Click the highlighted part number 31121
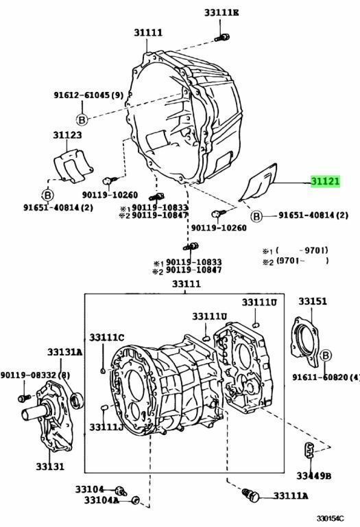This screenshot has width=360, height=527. pyautogui.click(x=325, y=181)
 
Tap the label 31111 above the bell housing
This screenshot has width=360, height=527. pyautogui.click(x=148, y=33)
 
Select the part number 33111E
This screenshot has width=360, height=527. pyautogui.click(x=221, y=13)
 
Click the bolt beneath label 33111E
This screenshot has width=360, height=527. pyautogui.click(x=222, y=37)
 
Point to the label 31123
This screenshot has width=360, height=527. pyautogui.click(x=67, y=134)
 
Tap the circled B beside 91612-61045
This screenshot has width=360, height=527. pyautogui.click(x=82, y=119)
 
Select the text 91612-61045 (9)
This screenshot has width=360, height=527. pyautogui.click(x=88, y=95)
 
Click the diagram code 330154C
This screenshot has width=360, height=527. pyautogui.click(x=330, y=519)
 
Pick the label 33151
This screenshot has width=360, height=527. pyautogui.click(x=313, y=301)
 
